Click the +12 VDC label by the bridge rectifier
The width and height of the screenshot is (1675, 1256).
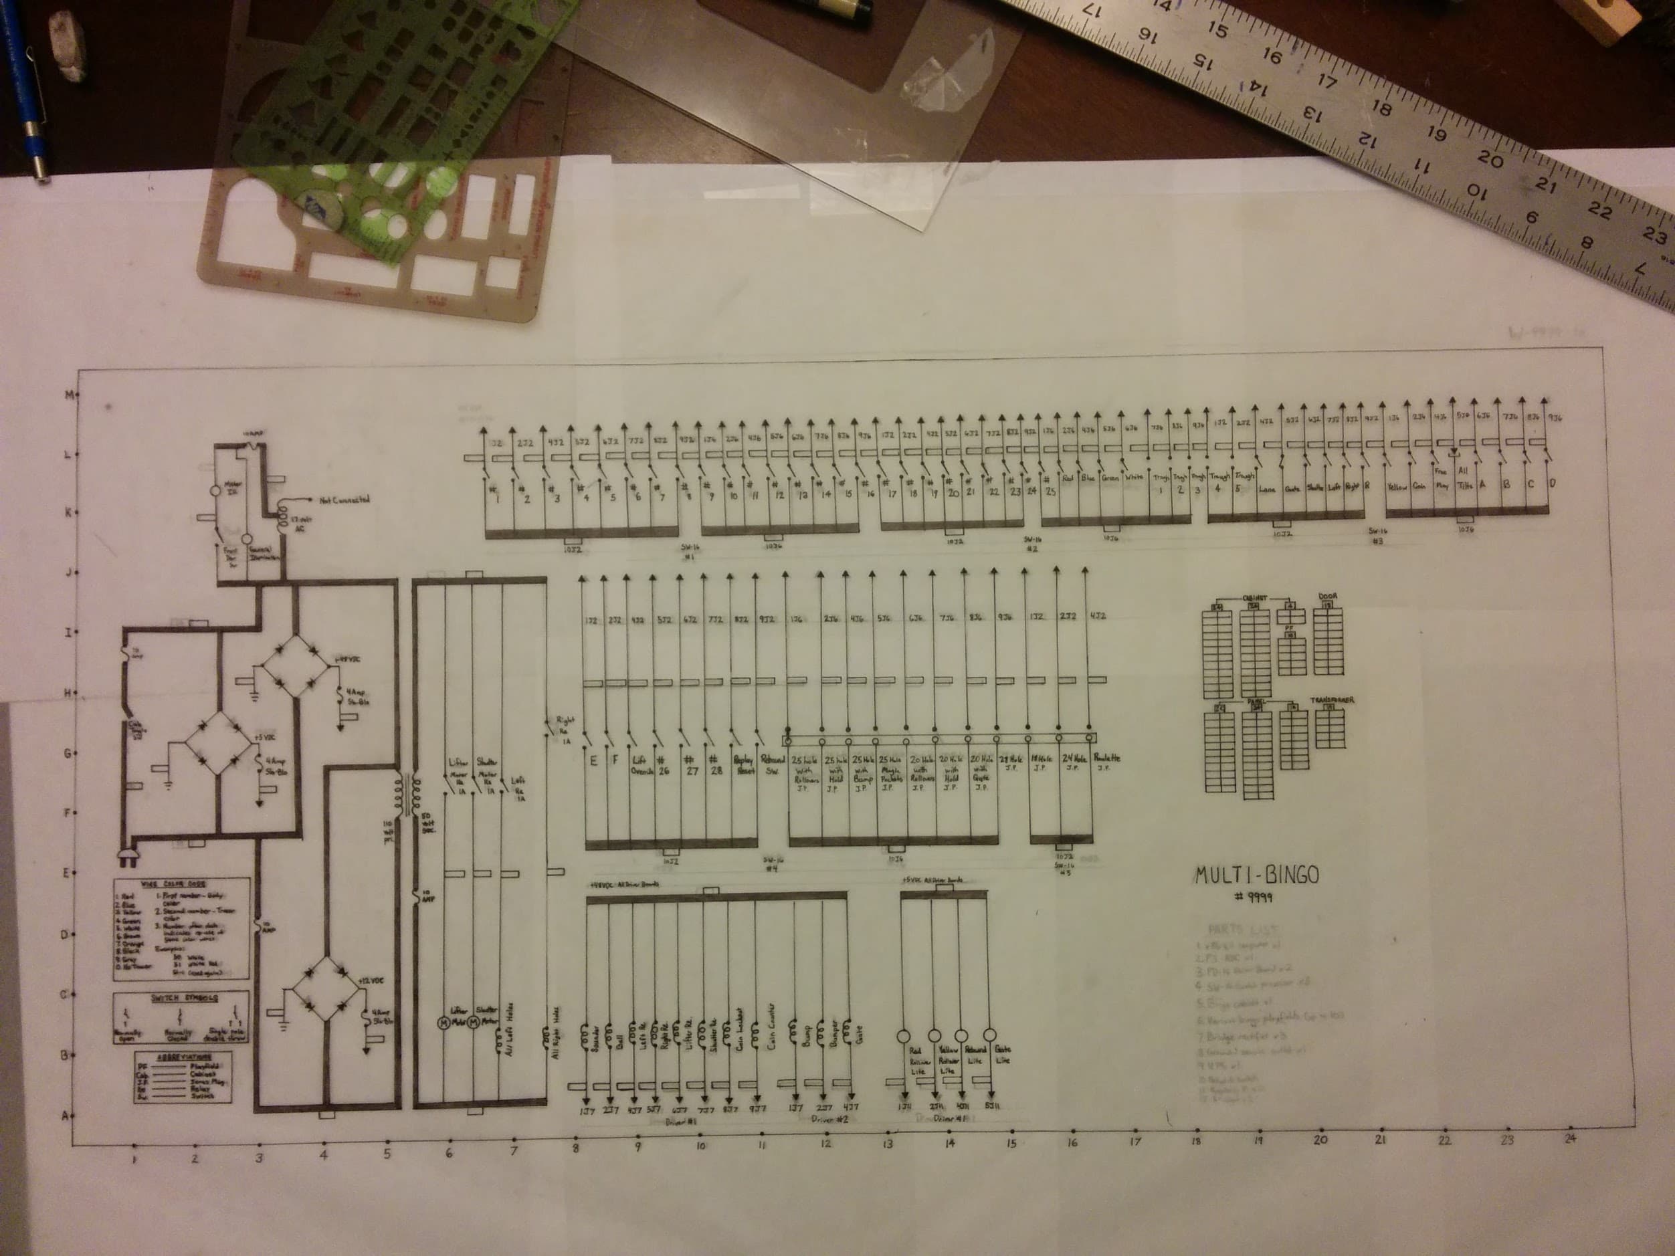click(x=369, y=979)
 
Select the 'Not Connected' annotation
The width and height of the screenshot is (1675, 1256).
click(x=344, y=500)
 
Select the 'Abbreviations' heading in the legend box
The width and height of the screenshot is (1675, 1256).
click(x=183, y=1057)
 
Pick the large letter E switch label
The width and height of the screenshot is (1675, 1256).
click(x=593, y=760)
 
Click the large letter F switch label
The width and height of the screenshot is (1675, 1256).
click(x=615, y=760)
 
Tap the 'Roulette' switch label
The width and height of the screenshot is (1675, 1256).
click(x=1106, y=758)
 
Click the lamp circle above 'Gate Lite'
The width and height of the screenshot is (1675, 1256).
click(x=989, y=1034)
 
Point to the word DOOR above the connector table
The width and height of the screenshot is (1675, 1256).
click(x=1328, y=597)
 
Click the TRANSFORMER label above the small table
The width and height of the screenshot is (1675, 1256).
click(x=1332, y=700)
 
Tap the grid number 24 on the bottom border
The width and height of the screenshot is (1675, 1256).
click(x=1570, y=1137)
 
